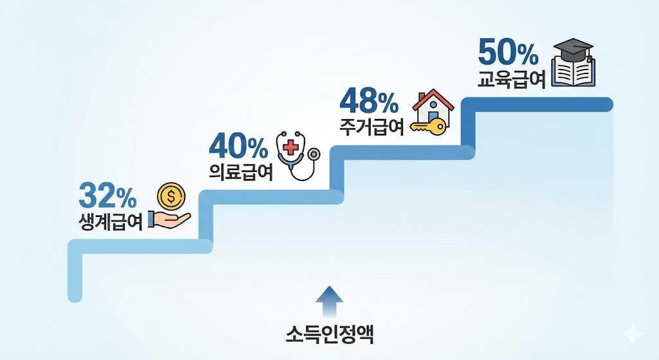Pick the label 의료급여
241,172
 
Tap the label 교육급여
512,79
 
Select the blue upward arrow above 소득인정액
329,301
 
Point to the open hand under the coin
169,218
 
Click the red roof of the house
433,98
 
